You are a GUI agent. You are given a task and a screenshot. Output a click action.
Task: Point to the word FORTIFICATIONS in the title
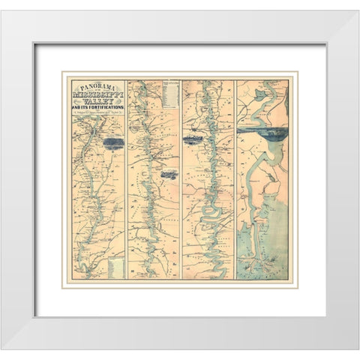[100, 113]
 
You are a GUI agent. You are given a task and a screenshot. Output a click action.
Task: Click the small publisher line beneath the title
[97, 119]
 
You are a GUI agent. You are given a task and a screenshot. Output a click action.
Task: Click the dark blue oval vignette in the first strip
[113, 142]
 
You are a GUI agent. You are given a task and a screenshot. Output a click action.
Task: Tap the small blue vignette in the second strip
[169, 174]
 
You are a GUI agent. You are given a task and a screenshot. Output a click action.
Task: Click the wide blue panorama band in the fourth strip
[262, 136]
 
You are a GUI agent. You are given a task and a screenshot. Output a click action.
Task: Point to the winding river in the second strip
[154, 195]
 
